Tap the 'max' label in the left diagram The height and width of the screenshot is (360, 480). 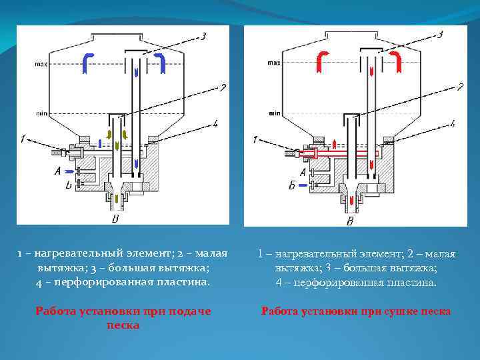point(41,65)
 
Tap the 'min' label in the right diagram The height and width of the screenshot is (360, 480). point(274,114)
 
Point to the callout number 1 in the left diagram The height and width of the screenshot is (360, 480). point(23,139)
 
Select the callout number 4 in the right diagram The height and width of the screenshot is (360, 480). point(453,123)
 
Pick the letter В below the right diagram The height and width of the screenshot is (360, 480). point(351,220)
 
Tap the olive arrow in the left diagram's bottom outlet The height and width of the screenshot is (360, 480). point(117,199)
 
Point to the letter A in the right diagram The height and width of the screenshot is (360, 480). point(303,172)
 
